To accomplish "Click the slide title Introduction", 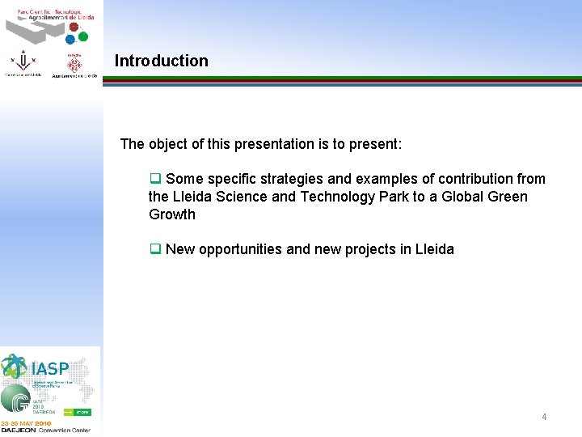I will pos(161,61).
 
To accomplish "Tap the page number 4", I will pos(544,417).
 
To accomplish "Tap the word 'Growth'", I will pos(172,214).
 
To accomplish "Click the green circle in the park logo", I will pos(82,36).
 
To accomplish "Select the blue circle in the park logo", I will pos(70,39).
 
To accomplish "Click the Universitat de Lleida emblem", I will pos(22,62).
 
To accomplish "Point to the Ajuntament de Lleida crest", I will pos(74,62).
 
